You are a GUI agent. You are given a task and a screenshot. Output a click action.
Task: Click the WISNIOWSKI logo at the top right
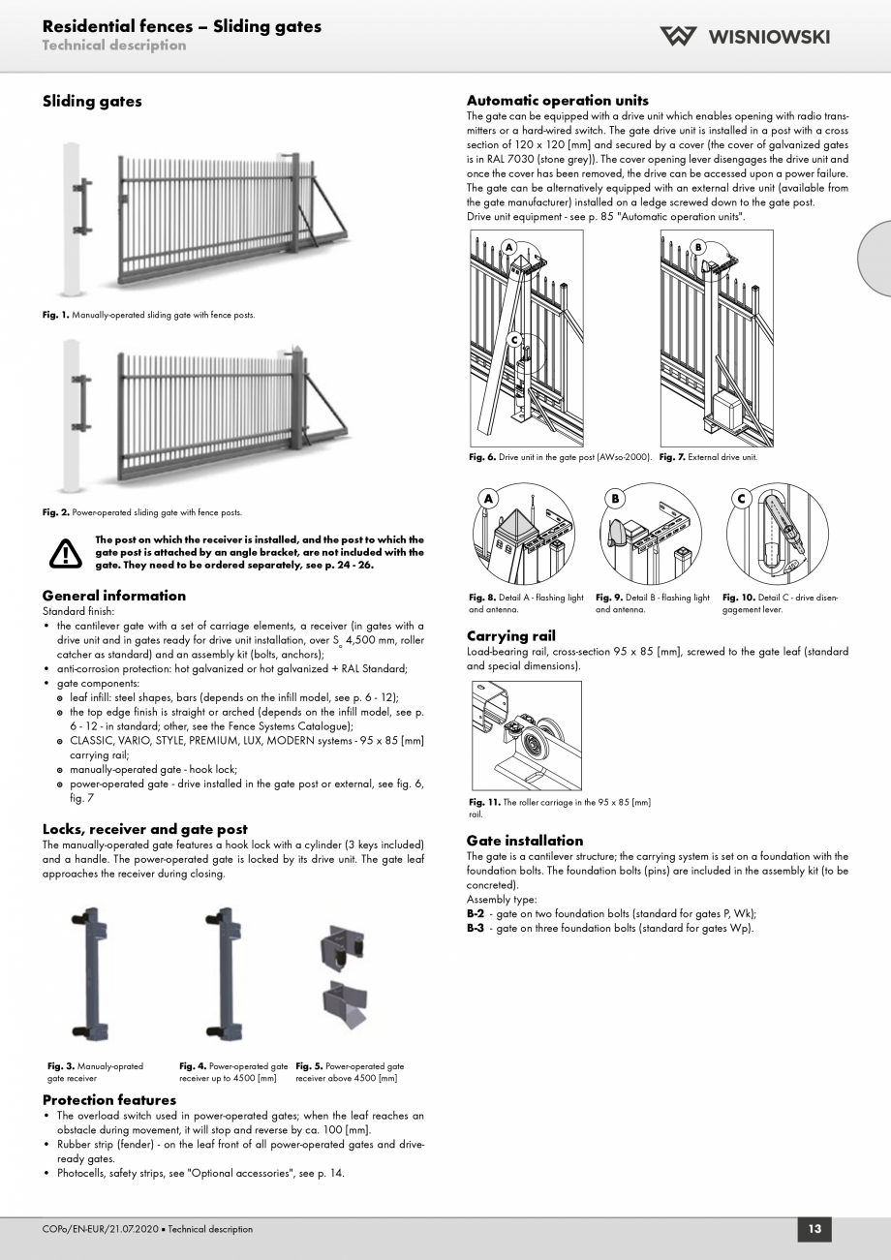(744, 37)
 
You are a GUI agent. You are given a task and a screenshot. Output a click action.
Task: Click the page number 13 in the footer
(814, 1229)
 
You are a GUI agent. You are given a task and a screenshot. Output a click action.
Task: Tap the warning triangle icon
(66, 552)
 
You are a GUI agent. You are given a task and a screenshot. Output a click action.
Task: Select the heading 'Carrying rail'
(510, 636)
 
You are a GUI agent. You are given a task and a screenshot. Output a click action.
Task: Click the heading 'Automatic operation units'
(557, 101)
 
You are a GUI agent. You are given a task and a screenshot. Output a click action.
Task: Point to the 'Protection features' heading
(108, 1100)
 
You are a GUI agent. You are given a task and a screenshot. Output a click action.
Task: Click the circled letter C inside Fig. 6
(515, 339)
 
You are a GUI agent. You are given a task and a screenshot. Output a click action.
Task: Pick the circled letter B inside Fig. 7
(697, 247)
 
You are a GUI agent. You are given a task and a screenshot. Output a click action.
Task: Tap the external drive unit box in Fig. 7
(734, 413)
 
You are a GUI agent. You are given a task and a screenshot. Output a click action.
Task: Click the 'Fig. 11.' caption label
(483, 802)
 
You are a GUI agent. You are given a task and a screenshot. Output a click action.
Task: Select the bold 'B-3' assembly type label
(475, 929)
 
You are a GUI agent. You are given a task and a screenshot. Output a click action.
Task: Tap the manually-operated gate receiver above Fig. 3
(89, 974)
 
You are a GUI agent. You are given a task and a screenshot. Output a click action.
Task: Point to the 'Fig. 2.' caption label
(56, 512)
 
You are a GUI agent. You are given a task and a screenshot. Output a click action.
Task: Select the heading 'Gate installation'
(524, 841)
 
